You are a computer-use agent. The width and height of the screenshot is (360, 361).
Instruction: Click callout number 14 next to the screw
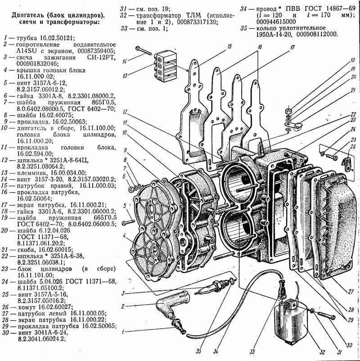coord(123,61)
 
